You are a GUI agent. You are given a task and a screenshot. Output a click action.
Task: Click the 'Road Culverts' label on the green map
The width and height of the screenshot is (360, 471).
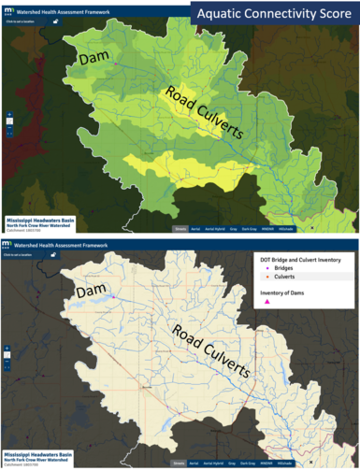204,112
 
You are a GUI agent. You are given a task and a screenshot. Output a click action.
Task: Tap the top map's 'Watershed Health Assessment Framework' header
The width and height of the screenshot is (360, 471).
64,7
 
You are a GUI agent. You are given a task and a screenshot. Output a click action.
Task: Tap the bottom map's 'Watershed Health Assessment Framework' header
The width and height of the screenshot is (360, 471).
64,244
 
